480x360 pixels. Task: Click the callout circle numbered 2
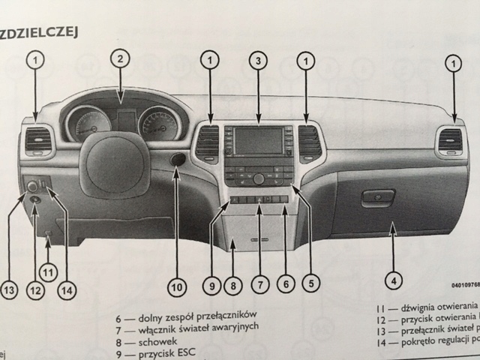point(120,58)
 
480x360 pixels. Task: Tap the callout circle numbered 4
point(391,282)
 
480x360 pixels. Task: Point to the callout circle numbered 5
point(308,283)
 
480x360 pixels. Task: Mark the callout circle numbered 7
point(258,283)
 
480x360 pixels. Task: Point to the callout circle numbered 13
point(10,288)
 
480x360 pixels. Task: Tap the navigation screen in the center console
point(257,140)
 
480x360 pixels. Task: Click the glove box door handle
point(376,199)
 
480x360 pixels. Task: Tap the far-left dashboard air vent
point(38,141)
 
